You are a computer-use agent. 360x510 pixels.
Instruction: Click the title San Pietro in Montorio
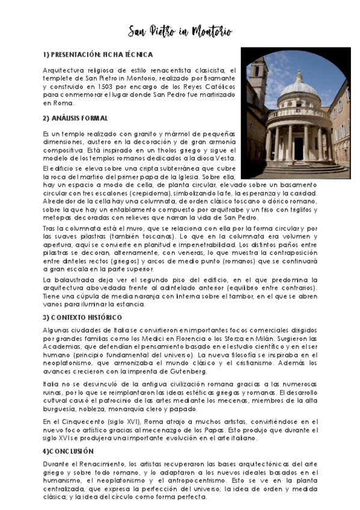(x=180, y=31)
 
